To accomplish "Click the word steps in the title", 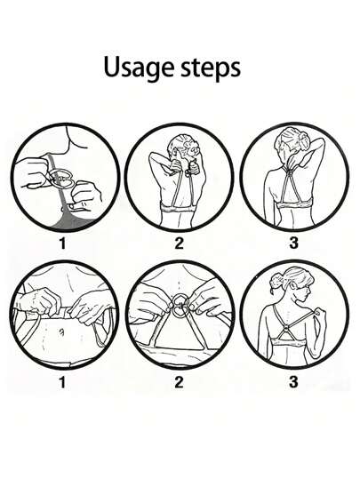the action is [211, 68].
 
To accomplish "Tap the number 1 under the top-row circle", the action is [62, 243].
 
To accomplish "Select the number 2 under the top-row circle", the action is [179, 243].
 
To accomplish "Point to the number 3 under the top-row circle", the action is [293, 243].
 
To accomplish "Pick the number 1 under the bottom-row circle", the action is [62, 382].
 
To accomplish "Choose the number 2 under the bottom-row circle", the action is [179, 382].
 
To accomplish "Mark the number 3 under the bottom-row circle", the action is [293, 382].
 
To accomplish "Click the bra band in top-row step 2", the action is [179, 210].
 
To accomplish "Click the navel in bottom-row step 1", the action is [62, 331].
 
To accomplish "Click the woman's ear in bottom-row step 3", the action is [294, 287].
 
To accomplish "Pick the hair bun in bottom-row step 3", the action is [276, 280].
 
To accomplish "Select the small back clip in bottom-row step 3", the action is [285, 330].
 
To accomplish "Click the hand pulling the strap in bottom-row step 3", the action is [318, 313].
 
